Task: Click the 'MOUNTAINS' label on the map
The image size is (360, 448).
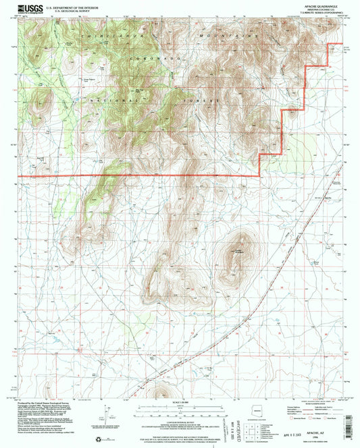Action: [229, 34]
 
